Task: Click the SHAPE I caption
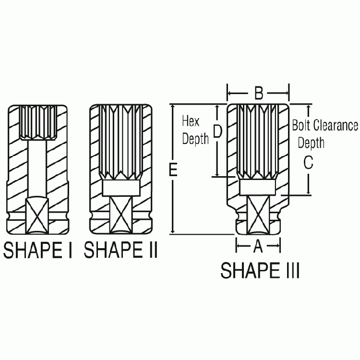pos(37,250)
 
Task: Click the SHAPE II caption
pos(120,250)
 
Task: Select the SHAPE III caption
pos(260,270)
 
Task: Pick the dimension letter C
pos(308,163)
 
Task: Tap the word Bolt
pos(301,126)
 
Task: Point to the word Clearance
pos(336,126)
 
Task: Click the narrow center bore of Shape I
pos(38,163)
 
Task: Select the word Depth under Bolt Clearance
pos(311,143)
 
